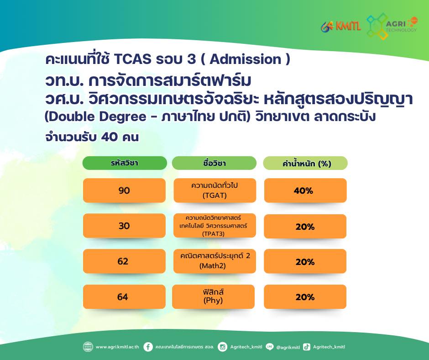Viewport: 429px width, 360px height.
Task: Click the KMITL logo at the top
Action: tap(341, 26)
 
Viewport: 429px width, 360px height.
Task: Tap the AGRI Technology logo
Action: tap(392, 26)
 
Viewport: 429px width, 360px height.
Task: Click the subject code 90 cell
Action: tap(124, 191)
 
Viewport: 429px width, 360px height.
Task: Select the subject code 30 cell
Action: tap(124, 226)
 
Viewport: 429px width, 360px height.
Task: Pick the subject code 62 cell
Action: tap(124, 261)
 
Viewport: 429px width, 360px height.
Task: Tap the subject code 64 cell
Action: tap(124, 296)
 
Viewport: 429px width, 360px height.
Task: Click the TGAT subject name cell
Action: tap(215, 191)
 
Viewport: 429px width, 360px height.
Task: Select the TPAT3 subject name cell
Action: tap(214, 226)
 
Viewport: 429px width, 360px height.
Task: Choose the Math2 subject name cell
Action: tap(214, 261)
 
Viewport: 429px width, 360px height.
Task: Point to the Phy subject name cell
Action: tap(214, 296)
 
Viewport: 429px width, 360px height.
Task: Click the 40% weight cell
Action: tap(305, 191)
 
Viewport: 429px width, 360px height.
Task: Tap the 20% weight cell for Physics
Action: tap(305, 296)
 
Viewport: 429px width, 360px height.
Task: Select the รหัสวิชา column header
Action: tap(125, 163)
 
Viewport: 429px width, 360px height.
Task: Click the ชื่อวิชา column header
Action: tap(214, 163)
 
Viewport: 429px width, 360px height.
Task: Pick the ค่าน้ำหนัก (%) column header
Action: tap(305, 163)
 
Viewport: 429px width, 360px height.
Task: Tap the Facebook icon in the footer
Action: tap(148, 347)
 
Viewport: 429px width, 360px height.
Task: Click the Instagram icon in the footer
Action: tap(222, 347)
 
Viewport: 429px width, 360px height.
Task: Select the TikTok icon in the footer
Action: tap(307, 347)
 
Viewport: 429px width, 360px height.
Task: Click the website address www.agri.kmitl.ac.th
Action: tap(117, 347)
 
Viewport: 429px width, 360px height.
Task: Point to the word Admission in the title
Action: tap(246, 59)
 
